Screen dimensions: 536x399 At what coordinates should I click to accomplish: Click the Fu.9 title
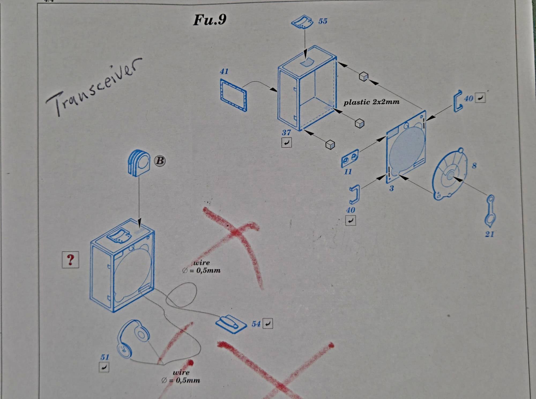click(210, 20)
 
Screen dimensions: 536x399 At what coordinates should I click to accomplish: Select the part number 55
click(323, 21)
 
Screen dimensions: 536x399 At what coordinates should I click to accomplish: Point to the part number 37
click(286, 132)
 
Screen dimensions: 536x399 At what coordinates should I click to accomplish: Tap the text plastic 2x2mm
click(371, 102)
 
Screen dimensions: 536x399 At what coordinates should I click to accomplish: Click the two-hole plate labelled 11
click(350, 158)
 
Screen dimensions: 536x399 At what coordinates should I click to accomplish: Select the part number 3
click(391, 189)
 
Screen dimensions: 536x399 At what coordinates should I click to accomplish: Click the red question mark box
click(70, 260)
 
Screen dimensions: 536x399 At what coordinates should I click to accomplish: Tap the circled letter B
click(160, 161)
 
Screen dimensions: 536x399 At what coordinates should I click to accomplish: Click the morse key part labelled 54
click(231, 324)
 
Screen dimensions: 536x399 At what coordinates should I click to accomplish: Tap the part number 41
click(224, 71)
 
